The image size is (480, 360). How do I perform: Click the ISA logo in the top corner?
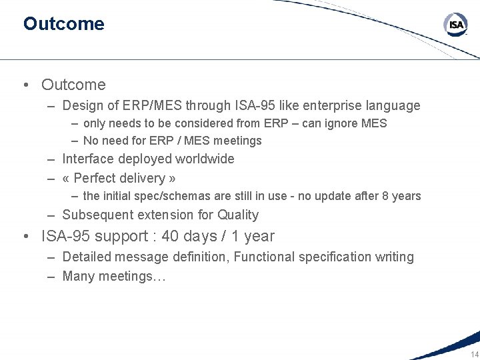point(456,25)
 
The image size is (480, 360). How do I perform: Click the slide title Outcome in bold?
point(63,24)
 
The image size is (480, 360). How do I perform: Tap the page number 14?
point(474,354)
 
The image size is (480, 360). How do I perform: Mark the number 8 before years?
point(386,196)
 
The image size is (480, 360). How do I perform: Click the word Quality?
point(238,215)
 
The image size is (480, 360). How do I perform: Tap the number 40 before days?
point(170,236)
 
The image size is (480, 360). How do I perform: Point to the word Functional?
point(264,257)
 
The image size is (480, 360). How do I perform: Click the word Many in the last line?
point(78,276)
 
